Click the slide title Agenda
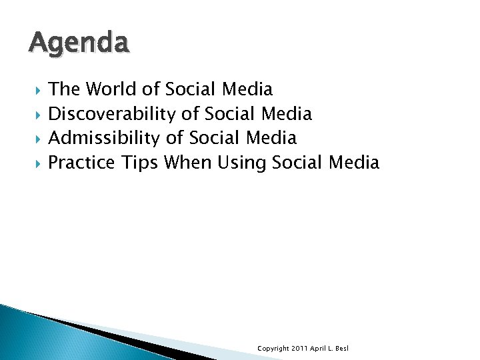79,44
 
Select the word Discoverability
113,114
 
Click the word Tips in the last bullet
139,162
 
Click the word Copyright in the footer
273,349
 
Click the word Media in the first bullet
247,89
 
